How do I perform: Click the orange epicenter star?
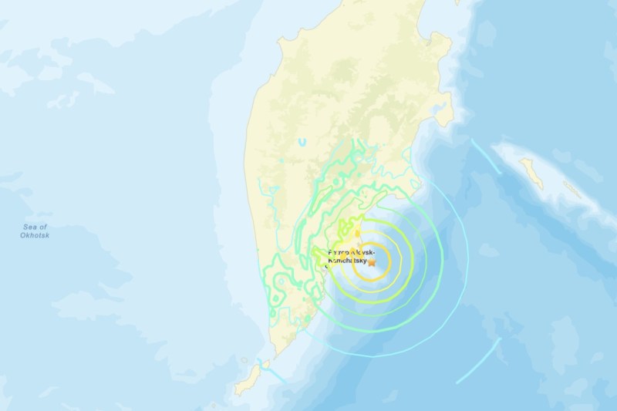click(x=372, y=262)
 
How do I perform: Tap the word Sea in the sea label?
click(x=31, y=226)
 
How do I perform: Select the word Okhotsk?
click(x=35, y=235)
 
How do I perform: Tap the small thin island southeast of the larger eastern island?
click(x=571, y=189)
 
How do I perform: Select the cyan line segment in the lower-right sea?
click(x=479, y=360)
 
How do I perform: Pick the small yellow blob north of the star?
click(x=357, y=229)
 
